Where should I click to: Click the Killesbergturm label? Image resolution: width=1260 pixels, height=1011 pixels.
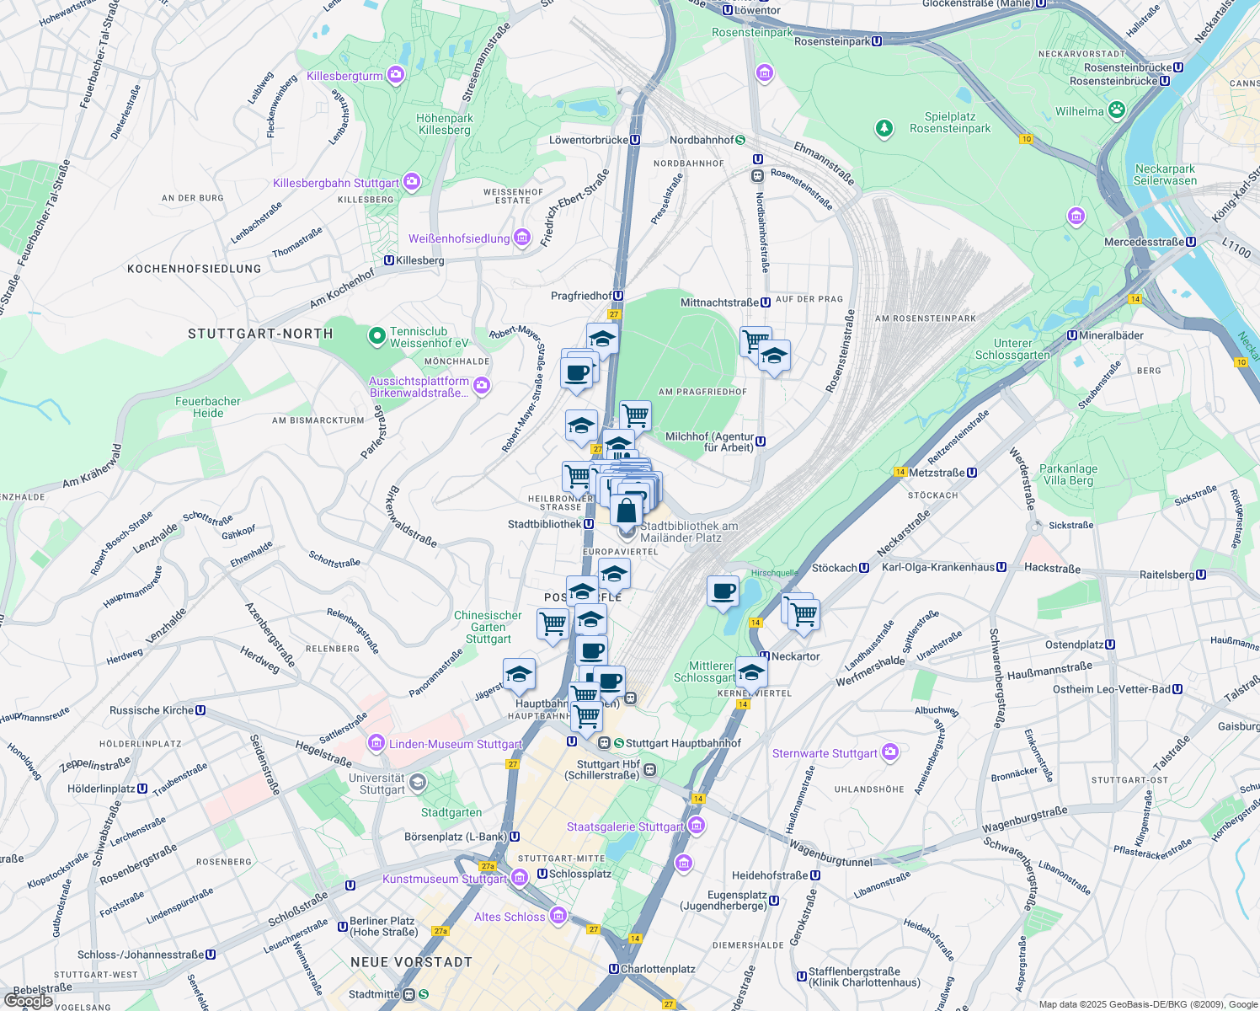tap(345, 76)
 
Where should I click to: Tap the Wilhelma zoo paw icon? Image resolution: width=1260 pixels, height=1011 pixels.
tap(1117, 110)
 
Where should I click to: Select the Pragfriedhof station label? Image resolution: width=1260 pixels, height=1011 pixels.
tap(581, 296)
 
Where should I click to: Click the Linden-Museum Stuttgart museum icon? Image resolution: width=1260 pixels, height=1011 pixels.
tap(376, 744)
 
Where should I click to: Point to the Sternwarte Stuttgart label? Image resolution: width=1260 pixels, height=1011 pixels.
tap(825, 753)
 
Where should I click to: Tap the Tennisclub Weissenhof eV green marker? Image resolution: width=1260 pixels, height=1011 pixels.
tap(377, 336)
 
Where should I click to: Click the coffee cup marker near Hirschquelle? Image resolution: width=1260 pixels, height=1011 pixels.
tap(723, 591)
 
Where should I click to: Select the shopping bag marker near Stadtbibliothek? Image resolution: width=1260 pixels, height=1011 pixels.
tap(626, 511)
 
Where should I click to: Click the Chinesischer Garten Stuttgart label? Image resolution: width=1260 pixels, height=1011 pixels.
tap(488, 627)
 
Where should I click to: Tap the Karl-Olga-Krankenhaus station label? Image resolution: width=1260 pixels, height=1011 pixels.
tap(938, 567)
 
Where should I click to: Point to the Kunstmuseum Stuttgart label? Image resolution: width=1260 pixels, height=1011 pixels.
tap(445, 879)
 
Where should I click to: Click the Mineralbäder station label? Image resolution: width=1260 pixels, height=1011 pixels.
tap(1111, 335)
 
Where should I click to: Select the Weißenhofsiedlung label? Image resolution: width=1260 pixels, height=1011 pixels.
tap(459, 238)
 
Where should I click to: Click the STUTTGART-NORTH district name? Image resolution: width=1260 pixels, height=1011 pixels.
tap(260, 334)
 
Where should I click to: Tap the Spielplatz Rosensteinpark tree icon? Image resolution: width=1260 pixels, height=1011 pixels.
tap(884, 128)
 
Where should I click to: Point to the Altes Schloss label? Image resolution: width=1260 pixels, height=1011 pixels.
tap(510, 917)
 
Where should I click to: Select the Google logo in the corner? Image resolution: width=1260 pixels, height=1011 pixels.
tap(29, 1001)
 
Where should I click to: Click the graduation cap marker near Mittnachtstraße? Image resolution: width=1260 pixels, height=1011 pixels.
tap(773, 356)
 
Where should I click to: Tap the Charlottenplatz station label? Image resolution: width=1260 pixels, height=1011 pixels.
tap(658, 969)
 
